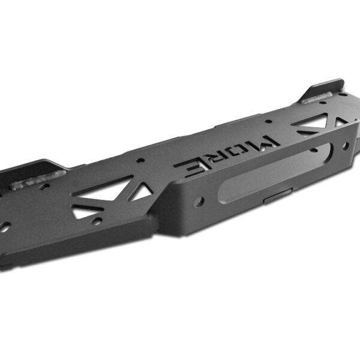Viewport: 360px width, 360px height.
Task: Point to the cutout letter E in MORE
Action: (192, 167)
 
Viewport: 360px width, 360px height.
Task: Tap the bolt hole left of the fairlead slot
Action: (199, 202)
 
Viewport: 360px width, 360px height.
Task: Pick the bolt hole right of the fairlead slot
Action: (345, 146)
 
